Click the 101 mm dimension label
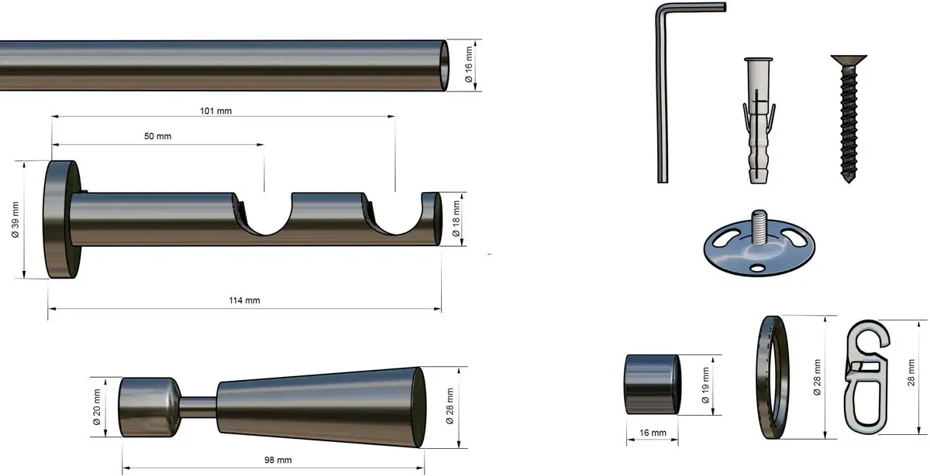click(x=216, y=111)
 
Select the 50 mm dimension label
click(x=158, y=136)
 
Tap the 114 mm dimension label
click(x=245, y=300)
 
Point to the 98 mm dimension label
click(x=277, y=460)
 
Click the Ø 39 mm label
click(x=15, y=220)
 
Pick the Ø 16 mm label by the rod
click(x=469, y=64)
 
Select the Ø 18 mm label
click(x=456, y=219)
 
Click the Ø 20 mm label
click(x=97, y=407)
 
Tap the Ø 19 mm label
click(x=705, y=385)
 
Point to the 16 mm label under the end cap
click(x=653, y=433)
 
